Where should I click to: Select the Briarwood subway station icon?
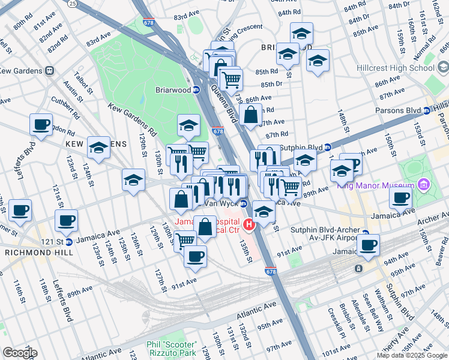pyautogui.click(x=196, y=90)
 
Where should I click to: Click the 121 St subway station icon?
pyautogui.click(x=68, y=242)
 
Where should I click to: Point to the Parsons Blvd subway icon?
pyautogui.click(x=427, y=110)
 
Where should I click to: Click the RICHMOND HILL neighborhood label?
pyautogui.click(x=35, y=253)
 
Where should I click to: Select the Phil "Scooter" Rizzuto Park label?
pyautogui.click(x=171, y=348)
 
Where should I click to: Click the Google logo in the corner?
pyautogui.click(x=20, y=352)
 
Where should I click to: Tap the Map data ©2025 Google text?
pyautogui.click(x=412, y=355)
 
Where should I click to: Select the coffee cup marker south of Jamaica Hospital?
pyautogui.click(x=194, y=256)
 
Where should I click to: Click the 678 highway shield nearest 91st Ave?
pyautogui.click(x=270, y=271)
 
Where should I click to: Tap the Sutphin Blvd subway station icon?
pyautogui.click(x=328, y=146)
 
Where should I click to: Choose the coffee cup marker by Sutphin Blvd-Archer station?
pyautogui.click(x=368, y=244)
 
